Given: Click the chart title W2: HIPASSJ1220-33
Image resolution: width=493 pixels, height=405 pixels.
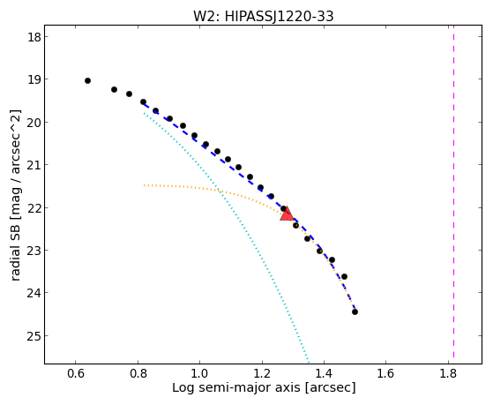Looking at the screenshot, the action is coord(263,16).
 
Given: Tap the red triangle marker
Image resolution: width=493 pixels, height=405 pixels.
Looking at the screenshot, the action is coord(287,214).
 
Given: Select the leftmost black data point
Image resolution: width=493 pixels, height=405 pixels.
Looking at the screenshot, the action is coord(87,81).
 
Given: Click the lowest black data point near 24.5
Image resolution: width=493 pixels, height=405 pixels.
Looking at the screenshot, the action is coord(355,311).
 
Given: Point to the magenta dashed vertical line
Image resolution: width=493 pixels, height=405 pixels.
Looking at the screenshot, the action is coord(453,191).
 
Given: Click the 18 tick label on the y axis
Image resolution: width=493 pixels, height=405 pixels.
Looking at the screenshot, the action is coord(34,37).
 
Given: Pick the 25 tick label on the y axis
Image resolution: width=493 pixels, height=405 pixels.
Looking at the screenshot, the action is coord(34,336).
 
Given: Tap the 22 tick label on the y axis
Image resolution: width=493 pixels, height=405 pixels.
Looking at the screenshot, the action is coord(34,207).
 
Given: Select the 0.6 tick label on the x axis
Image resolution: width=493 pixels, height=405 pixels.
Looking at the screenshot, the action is coord(76,374).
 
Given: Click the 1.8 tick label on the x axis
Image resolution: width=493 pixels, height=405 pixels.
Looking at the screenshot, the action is coord(448,374).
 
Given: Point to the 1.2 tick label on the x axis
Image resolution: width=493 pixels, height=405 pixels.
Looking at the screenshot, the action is coord(262,374).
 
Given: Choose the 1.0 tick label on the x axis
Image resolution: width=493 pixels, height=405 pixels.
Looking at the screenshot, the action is coord(199,374).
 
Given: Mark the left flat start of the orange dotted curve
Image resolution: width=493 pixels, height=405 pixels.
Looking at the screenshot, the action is coord(145,185).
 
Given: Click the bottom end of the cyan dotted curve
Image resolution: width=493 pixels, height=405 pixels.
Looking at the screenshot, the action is coord(309,362).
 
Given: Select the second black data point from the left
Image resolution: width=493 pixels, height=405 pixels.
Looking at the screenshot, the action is coord(114,90).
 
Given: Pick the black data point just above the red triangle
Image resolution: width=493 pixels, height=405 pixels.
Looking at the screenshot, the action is coord(283,208).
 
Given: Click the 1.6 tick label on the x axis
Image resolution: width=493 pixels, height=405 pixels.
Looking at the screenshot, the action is coord(385,374).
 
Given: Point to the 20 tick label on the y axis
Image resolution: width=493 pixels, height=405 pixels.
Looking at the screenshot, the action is coord(34,122).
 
